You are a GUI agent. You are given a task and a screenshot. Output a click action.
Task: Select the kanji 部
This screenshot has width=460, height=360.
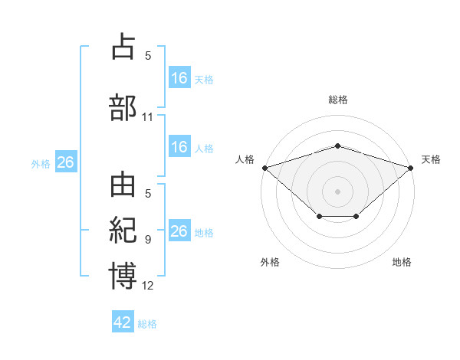coord(123,107)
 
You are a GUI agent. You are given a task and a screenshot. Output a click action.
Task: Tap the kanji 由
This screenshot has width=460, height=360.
coord(123,188)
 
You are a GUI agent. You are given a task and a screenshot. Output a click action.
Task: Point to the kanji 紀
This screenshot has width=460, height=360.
coord(123,231)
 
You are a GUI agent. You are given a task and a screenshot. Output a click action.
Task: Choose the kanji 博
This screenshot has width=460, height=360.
coord(123,275)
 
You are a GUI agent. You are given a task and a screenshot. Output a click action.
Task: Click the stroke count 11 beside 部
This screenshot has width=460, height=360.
coord(148,117)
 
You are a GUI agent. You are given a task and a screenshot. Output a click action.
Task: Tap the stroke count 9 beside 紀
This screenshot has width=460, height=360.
coord(148,240)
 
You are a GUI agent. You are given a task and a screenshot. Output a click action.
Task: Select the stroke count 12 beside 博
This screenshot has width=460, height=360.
coord(148,286)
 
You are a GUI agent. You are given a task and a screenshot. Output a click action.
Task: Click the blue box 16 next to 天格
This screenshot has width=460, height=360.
coord(179,78)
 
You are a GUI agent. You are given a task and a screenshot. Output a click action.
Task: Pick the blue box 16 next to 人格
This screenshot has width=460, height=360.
coord(179,147)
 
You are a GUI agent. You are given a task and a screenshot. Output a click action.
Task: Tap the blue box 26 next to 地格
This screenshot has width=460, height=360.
coord(179,231)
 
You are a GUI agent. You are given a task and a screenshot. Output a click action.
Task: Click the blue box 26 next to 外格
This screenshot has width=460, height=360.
coord(65,162)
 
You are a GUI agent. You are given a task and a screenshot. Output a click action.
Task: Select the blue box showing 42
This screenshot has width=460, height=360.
coord(123,322)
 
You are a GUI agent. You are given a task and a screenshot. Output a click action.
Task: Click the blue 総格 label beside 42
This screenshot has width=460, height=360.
coord(147,324)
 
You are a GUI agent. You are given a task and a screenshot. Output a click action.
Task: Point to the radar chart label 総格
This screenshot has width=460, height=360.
coord(337,100)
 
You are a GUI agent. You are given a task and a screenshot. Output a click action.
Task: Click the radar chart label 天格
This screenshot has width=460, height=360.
coord(431,159)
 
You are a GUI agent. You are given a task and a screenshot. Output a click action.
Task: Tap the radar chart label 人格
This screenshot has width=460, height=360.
coord(245,159)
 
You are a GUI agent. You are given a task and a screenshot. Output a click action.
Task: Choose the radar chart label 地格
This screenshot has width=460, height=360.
coord(402,263)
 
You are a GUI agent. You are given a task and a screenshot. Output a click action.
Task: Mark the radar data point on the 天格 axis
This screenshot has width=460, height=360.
coord(411,167)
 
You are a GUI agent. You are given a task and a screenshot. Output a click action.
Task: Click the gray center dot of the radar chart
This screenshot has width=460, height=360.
coord(337,191)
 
